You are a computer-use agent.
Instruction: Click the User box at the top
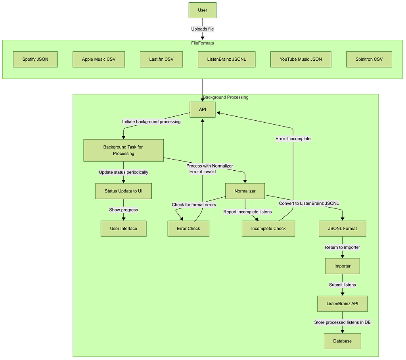click(202, 10)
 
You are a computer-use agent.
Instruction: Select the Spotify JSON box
click(35, 59)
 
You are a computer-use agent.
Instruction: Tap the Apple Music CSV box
click(99, 59)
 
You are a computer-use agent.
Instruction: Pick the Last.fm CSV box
click(161, 59)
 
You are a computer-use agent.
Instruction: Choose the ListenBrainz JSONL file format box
click(226, 59)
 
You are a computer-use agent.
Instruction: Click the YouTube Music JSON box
click(301, 59)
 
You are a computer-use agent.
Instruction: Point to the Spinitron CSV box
click(369, 59)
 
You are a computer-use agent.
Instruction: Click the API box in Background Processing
click(202, 109)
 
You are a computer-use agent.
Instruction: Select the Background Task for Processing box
click(123, 150)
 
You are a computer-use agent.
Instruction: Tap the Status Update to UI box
click(123, 191)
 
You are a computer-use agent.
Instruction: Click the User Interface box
click(123, 229)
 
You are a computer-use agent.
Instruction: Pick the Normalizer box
click(245, 191)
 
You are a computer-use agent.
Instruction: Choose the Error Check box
click(188, 229)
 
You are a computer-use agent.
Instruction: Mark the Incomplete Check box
click(268, 229)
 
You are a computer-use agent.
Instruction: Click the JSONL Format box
click(343, 229)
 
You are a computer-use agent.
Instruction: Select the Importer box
click(343, 266)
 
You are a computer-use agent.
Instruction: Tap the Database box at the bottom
click(343, 341)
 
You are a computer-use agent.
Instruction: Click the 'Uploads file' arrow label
click(203, 29)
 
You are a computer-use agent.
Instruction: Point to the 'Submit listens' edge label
click(343, 285)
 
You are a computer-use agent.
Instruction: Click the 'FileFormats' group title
click(203, 43)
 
